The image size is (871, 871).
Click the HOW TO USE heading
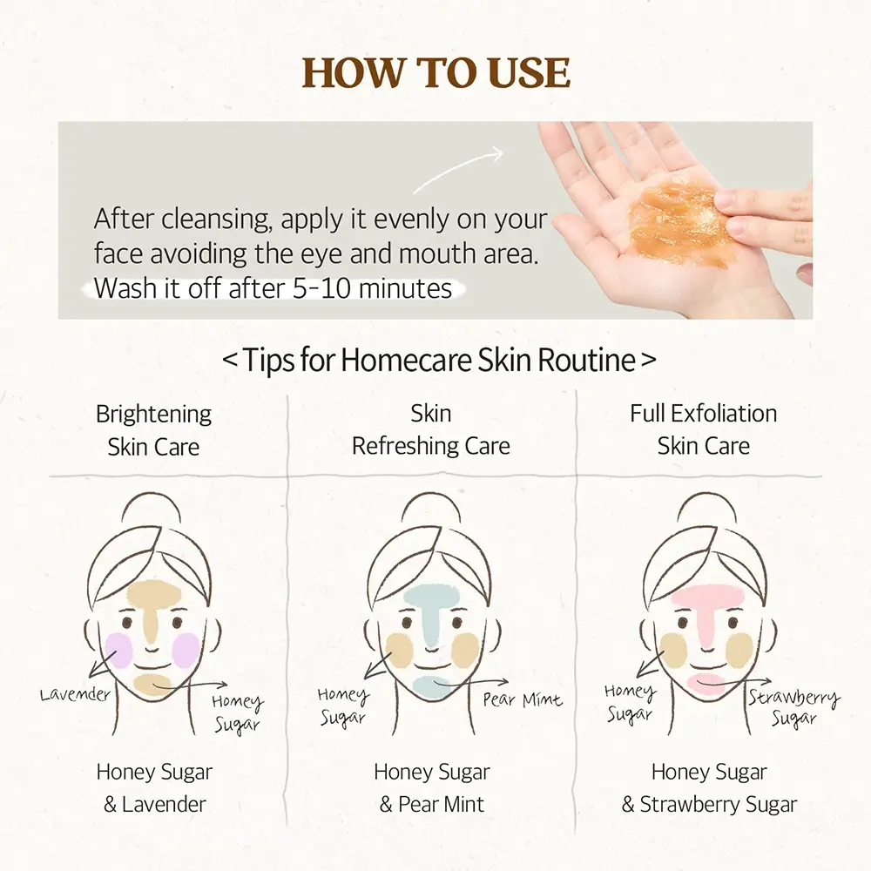[x=436, y=73]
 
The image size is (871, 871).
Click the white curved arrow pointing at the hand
[x=459, y=170]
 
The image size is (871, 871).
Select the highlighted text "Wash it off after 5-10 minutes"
[x=273, y=289]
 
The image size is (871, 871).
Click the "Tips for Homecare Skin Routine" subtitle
[x=439, y=360]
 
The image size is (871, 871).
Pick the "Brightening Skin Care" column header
[x=153, y=430]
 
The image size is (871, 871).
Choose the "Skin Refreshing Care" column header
[x=431, y=429]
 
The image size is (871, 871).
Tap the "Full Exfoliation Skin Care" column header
[x=703, y=429]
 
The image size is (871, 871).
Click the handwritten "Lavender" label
[x=74, y=694]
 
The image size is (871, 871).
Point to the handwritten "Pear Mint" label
[x=523, y=699]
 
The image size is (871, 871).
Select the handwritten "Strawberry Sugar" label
[x=793, y=708]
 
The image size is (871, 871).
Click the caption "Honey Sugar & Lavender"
[x=154, y=787]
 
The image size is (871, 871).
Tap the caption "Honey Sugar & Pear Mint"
[x=432, y=787]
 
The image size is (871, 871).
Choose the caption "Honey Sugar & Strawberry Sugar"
[x=709, y=787]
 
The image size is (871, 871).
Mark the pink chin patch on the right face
[x=706, y=683]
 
